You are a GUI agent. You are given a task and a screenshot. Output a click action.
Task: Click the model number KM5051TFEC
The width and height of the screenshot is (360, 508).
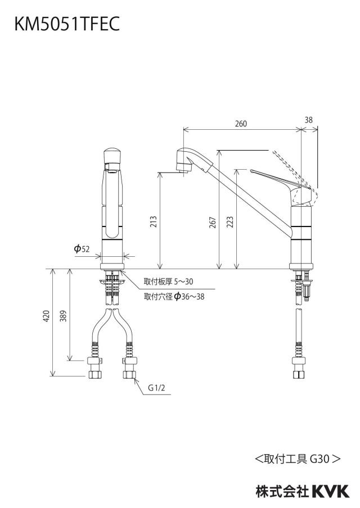click(x=67, y=24)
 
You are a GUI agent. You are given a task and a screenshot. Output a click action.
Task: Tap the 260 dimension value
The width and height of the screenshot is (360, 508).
click(x=241, y=124)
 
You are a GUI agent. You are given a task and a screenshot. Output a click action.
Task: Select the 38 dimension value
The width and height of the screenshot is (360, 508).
click(x=309, y=120)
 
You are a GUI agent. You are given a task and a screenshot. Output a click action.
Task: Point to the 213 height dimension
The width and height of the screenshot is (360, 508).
click(x=154, y=221)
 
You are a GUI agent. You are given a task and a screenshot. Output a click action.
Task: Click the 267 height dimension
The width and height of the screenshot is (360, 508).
click(x=213, y=223)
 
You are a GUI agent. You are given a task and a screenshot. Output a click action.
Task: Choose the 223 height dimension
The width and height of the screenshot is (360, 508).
click(x=230, y=223)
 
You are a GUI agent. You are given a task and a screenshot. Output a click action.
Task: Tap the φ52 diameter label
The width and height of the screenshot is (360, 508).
click(x=82, y=249)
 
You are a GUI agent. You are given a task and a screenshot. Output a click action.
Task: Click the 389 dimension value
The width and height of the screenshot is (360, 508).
click(x=63, y=316)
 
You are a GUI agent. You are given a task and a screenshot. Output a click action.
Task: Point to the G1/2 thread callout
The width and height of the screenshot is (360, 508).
click(x=156, y=388)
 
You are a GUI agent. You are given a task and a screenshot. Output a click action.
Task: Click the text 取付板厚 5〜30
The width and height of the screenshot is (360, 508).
click(x=168, y=282)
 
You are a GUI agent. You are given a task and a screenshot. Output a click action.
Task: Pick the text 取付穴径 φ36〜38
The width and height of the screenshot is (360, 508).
click(x=174, y=296)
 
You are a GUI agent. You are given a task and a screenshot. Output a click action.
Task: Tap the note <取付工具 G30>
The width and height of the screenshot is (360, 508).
click(x=298, y=459)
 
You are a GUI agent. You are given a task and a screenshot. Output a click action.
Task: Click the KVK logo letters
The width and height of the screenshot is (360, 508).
click(x=331, y=491)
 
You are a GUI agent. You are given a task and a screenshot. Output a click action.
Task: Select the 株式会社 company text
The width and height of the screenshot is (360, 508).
click(x=282, y=492)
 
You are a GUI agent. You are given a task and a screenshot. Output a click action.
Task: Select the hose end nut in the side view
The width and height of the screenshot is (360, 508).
click(x=299, y=368)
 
